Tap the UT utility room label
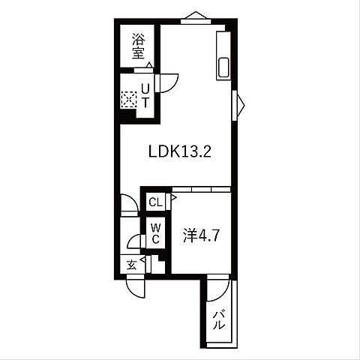click(x=145, y=97)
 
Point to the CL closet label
click(x=154, y=202)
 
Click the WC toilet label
click(x=155, y=233)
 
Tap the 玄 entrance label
click(x=132, y=264)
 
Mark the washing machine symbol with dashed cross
click(x=128, y=98)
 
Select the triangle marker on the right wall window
click(x=239, y=103)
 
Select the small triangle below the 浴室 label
click(x=149, y=66)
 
